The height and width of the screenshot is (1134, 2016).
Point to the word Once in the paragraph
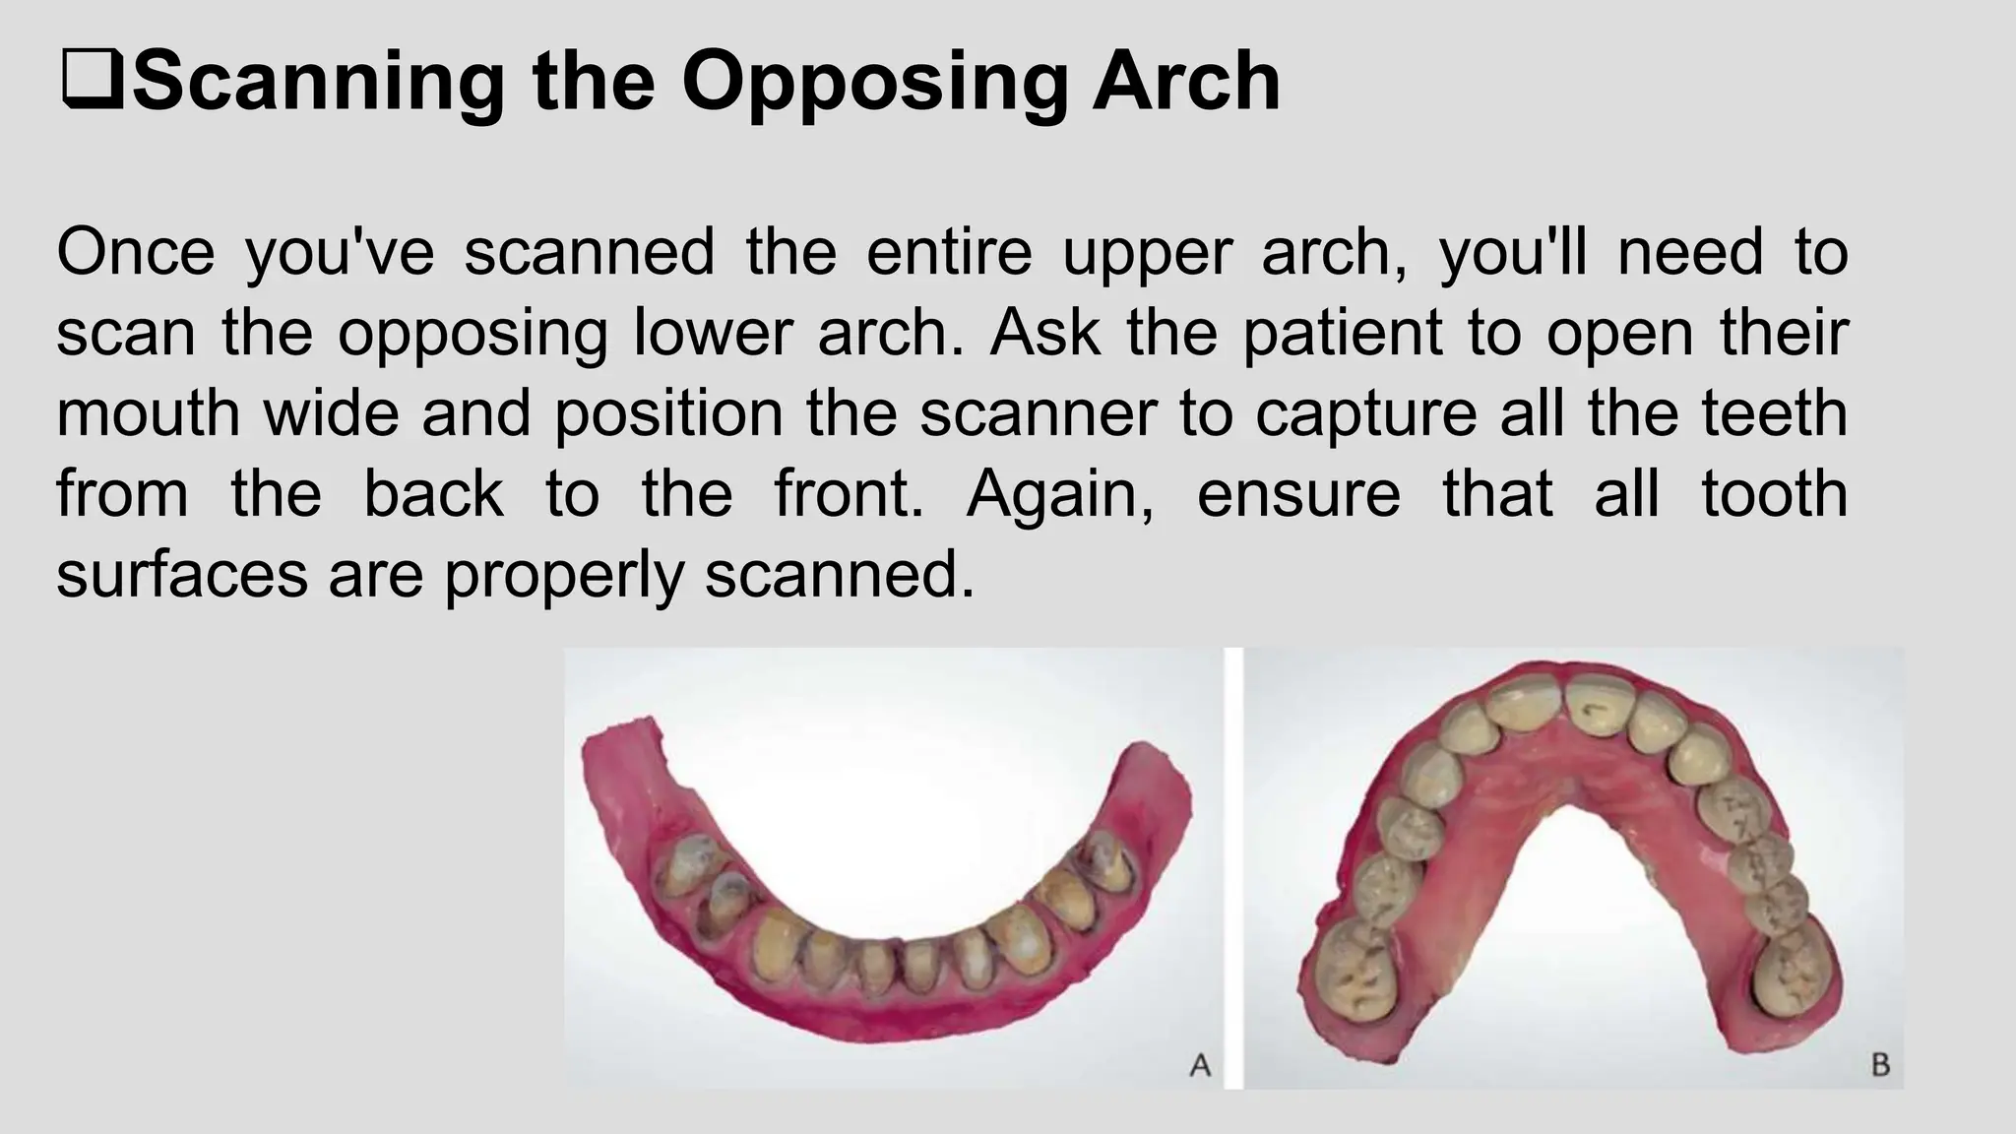pos(135,252)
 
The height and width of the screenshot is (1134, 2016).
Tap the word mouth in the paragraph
pos(148,413)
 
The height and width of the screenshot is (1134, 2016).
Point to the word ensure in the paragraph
pos(1297,494)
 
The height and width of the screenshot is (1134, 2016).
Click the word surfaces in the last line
pos(181,575)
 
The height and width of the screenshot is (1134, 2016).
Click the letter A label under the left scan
pos(1200,1064)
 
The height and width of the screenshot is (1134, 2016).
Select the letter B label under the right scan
pos(1880,1064)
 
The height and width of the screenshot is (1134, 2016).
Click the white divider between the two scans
pos(1233,866)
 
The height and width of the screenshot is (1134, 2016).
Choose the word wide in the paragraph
pos(332,413)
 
